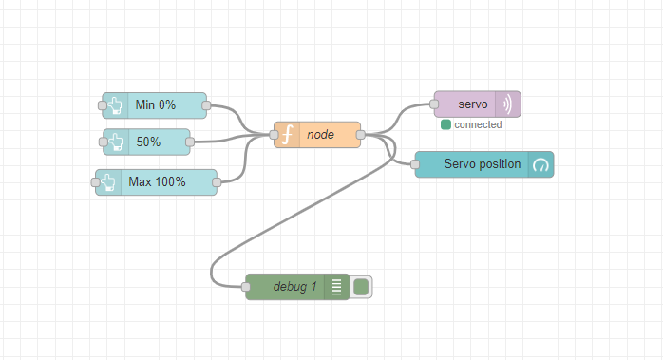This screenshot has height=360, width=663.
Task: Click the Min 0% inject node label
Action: click(156, 105)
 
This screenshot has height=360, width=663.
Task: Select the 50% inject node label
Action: click(148, 142)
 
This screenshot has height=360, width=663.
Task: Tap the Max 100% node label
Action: click(158, 181)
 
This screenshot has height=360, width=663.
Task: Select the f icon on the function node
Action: click(287, 135)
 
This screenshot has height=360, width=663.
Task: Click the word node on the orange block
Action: click(320, 135)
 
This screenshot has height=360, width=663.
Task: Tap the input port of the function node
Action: click(275, 135)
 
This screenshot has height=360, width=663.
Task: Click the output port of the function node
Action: click(360, 135)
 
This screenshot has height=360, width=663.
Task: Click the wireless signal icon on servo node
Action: click(507, 104)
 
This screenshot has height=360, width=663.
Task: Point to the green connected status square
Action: click(445, 124)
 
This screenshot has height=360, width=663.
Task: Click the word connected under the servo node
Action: click(478, 124)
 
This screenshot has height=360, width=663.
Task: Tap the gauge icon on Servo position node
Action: click(540, 164)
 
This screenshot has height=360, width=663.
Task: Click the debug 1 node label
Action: click(294, 286)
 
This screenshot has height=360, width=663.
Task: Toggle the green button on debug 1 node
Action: click(361, 286)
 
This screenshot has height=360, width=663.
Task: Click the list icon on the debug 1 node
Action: click(335, 286)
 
